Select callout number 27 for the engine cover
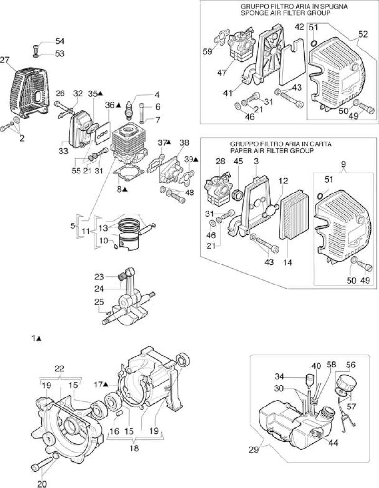click(5, 60)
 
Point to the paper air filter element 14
click(294, 214)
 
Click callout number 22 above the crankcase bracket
click(60, 369)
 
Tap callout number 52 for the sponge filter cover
click(362, 34)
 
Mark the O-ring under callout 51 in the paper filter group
click(320, 196)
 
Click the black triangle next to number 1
click(39, 338)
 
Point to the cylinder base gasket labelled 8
click(129, 173)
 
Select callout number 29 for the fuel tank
click(254, 450)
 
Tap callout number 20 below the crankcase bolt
click(42, 484)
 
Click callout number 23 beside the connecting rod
click(99, 276)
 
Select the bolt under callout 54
click(36, 49)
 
